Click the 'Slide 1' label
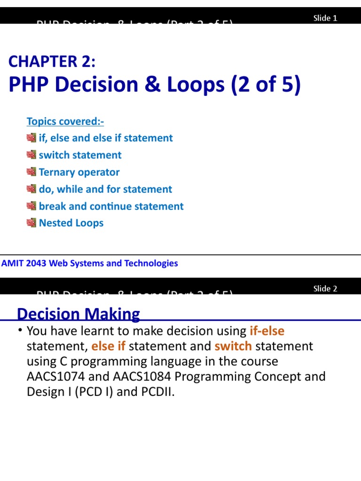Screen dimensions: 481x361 (325, 18)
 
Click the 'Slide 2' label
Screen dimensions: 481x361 (325, 289)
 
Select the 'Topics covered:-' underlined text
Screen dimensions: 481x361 (65, 121)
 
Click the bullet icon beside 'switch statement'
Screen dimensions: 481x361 (31, 155)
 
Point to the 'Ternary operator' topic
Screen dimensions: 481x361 (79, 172)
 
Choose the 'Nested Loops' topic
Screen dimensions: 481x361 (71, 223)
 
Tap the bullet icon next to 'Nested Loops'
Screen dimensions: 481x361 (31, 223)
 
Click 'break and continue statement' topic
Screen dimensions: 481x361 (111, 206)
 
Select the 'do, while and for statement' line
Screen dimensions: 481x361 (105, 189)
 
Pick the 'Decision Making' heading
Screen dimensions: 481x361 (78, 314)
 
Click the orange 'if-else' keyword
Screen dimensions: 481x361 (267, 331)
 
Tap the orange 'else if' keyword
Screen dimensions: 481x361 (108, 347)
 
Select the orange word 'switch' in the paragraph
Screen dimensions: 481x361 (233, 347)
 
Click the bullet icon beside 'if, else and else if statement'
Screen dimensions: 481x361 (31, 138)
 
